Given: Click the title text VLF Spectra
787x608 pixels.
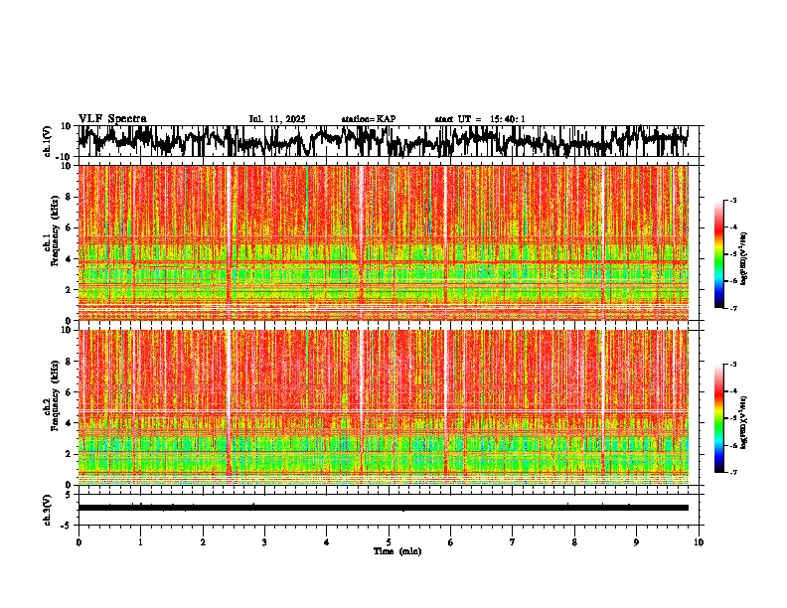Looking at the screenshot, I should click(x=112, y=119).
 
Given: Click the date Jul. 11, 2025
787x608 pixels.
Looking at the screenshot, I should click(x=277, y=119).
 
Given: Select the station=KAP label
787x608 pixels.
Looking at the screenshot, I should click(x=369, y=119).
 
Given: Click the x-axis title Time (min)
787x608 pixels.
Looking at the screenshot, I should click(x=389, y=550).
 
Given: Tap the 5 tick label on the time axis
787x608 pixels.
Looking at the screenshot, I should click(x=389, y=541).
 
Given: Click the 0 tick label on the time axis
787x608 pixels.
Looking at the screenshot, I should click(x=79, y=541).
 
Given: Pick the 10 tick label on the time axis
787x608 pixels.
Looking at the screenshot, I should click(x=699, y=541).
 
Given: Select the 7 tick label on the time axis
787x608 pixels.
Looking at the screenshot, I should click(x=513, y=541).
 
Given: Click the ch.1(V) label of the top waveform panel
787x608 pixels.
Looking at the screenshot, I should click(x=48, y=141).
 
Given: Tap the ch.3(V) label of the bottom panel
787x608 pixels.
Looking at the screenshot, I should click(x=48, y=508).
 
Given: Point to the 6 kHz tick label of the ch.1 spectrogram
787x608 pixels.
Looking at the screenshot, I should click(x=69, y=228).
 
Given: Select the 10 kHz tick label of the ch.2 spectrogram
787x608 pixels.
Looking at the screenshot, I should click(x=67, y=330).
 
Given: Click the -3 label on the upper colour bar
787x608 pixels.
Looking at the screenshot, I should click(x=734, y=201).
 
